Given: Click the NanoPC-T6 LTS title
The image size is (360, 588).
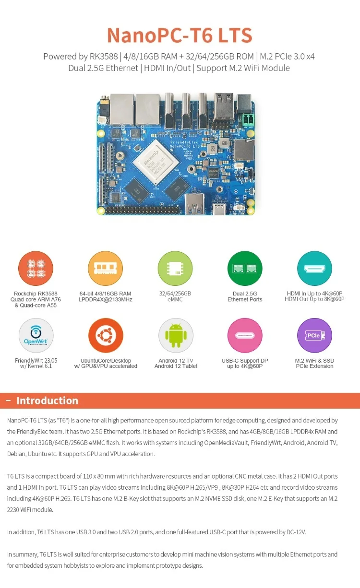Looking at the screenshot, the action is (x=180, y=35).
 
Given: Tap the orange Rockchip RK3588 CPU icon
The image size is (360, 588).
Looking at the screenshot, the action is (x=36, y=268).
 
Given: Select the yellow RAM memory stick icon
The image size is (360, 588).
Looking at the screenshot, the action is (x=106, y=268).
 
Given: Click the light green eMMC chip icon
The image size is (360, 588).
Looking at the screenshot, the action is (x=175, y=268).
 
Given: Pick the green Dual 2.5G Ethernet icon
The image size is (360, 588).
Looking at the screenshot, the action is (x=245, y=268).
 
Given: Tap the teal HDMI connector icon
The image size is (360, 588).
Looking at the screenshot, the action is (x=314, y=268).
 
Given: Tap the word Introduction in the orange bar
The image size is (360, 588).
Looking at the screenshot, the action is (x=47, y=401).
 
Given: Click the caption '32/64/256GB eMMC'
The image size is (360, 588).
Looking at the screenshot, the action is (x=175, y=296).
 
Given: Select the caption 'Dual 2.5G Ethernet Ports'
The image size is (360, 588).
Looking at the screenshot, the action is (x=245, y=296).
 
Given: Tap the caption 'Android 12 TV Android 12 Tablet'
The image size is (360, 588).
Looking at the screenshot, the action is (x=175, y=364).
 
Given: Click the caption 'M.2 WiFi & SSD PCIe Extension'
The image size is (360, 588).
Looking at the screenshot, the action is (x=314, y=364).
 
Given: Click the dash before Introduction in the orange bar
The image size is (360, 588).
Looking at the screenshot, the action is (x=8, y=401).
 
